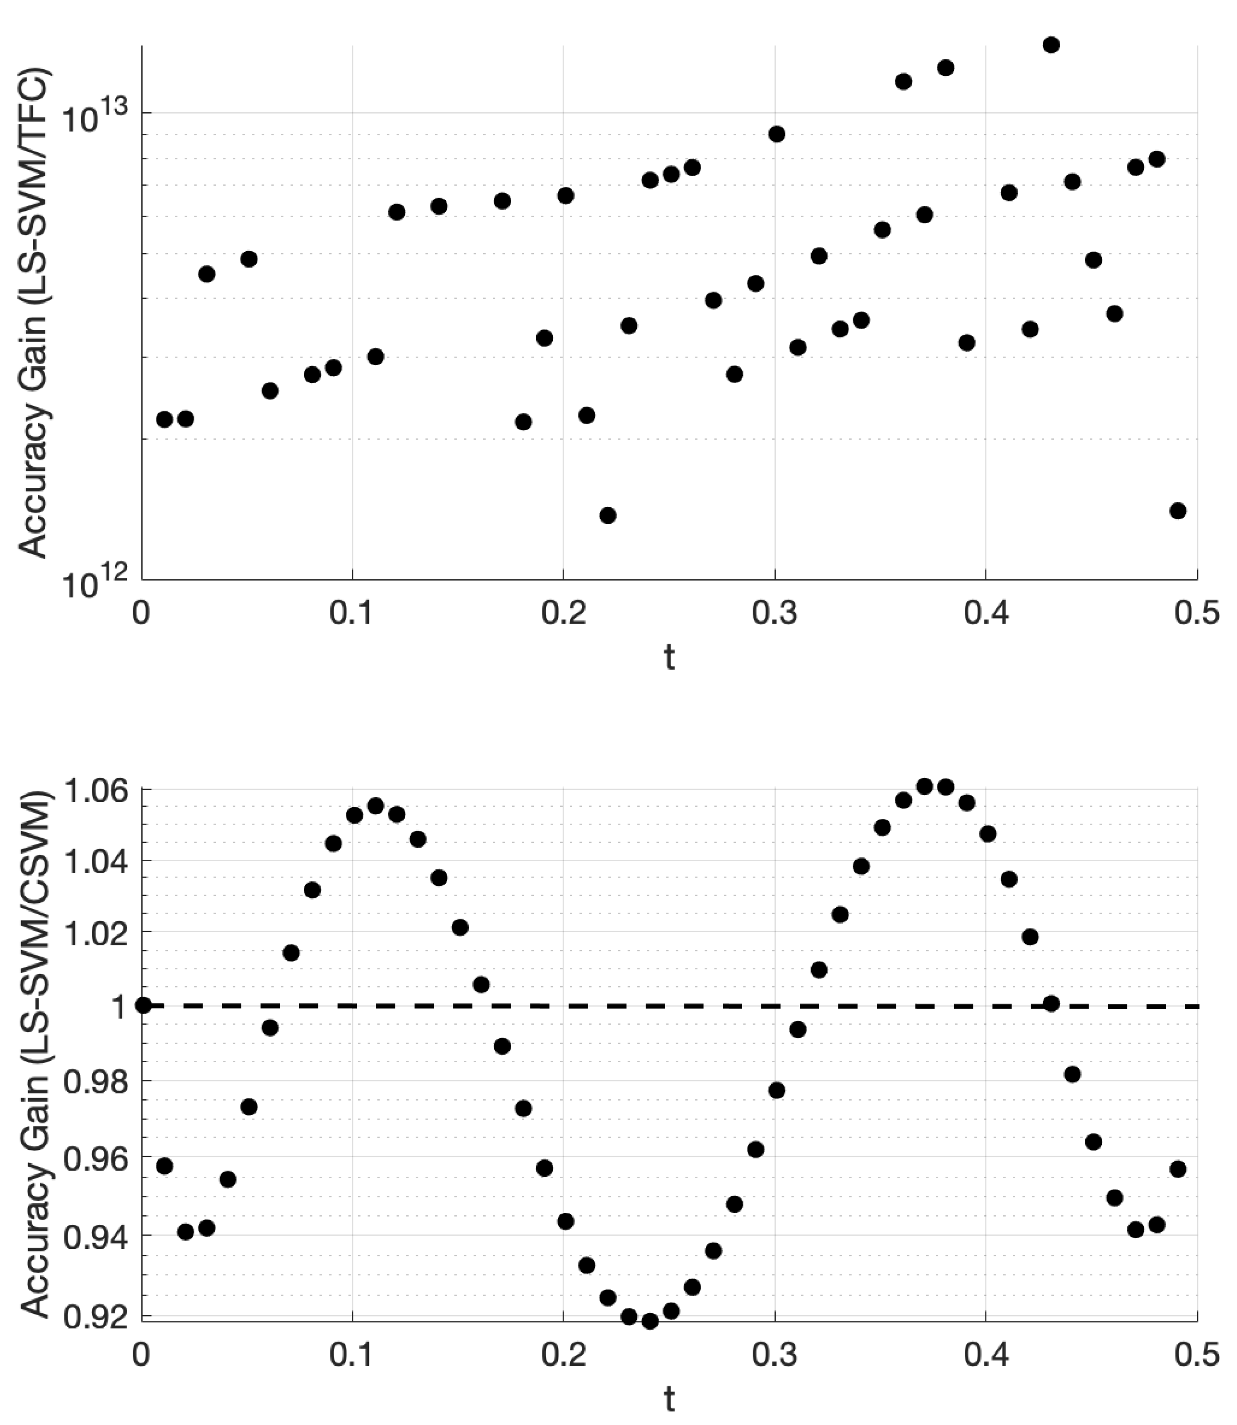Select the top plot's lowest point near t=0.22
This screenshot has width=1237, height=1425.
click(608, 515)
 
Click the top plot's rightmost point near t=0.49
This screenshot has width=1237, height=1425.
click(1178, 510)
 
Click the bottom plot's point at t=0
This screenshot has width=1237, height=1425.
click(143, 1005)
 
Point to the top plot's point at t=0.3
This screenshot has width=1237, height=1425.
click(777, 134)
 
